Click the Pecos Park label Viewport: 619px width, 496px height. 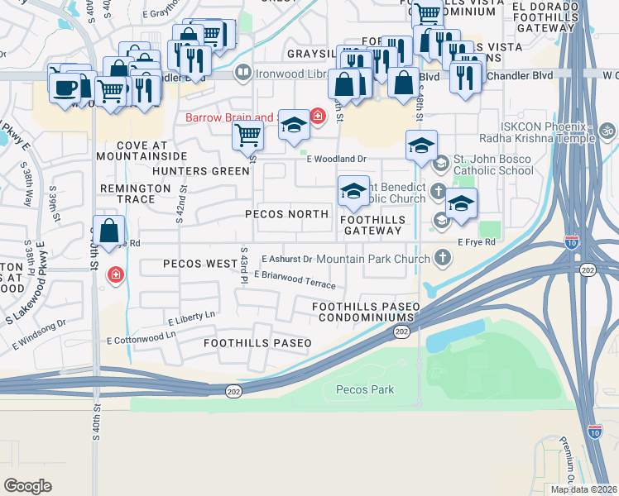[364, 389]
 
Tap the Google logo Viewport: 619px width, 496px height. [27, 485]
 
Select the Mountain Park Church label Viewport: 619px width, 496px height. [373, 259]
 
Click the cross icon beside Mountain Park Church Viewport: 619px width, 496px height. [443, 259]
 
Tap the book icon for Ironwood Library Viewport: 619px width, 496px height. [243, 73]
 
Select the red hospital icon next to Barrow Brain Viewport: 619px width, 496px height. [318, 117]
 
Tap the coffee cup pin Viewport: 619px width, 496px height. [65, 86]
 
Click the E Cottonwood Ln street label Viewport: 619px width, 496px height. [142, 338]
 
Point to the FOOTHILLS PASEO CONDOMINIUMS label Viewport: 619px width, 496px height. [366, 312]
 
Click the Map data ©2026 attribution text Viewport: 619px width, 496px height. [584, 489]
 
